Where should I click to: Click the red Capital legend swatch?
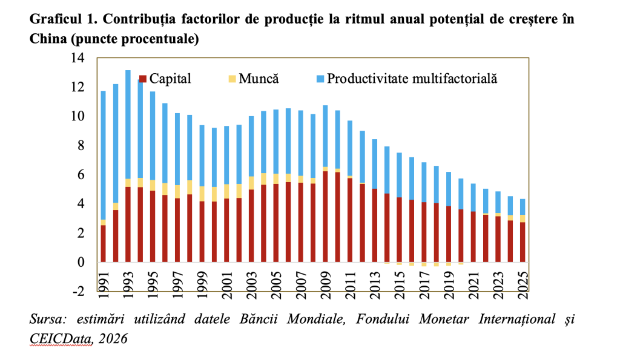point(143,79)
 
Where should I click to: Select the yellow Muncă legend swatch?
point(232,79)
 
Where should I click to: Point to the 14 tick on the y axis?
point(78,58)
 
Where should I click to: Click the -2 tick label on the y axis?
point(78,292)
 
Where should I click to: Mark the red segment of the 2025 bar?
point(523,242)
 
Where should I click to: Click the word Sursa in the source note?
point(45,319)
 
